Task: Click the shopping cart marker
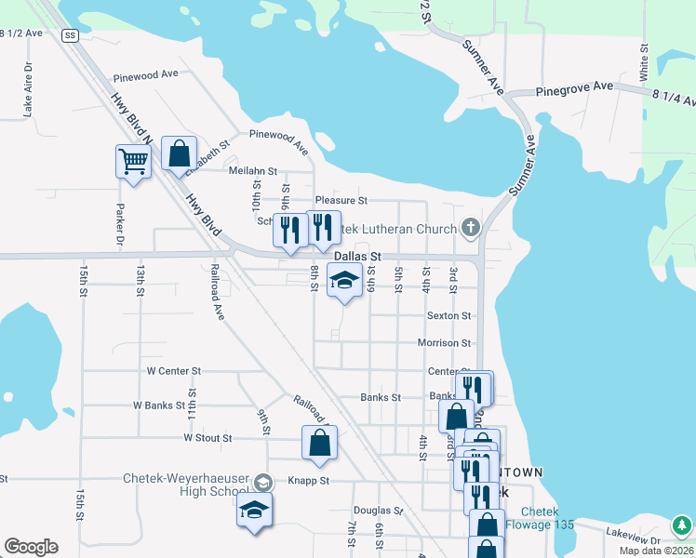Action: pyautogui.click(x=133, y=161)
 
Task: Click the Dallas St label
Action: pyautogui.click(x=358, y=256)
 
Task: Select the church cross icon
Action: pyautogui.click(x=471, y=228)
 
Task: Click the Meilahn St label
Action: pyautogui.click(x=253, y=171)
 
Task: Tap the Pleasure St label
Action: pyautogui.click(x=341, y=200)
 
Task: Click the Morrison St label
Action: pyautogui.click(x=444, y=343)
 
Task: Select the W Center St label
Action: pyautogui.click(x=174, y=371)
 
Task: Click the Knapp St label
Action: pyautogui.click(x=311, y=481)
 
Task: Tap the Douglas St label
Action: pyautogui.click(x=378, y=511)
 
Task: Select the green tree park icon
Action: pyautogui.click(x=682, y=525)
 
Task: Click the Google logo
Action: pyautogui.click(x=31, y=547)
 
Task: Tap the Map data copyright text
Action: pyautogui.click(x=657, y=551)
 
